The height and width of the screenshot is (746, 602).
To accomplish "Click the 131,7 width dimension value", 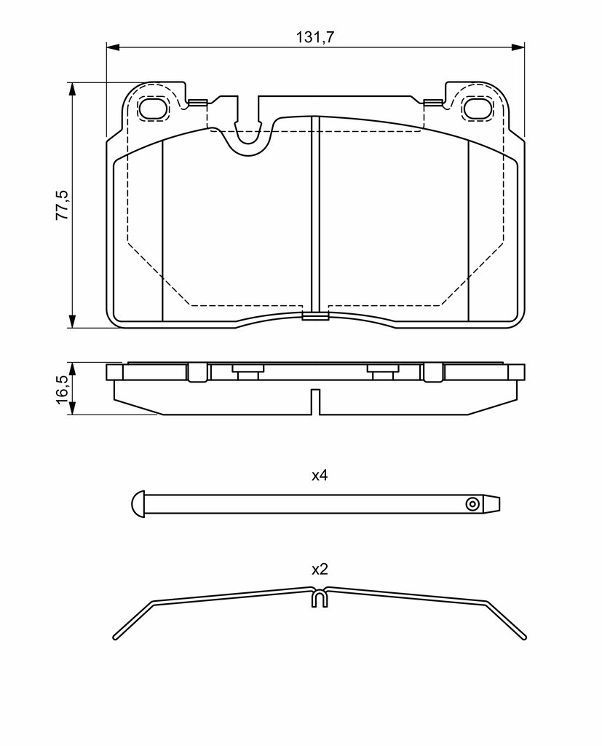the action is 315,36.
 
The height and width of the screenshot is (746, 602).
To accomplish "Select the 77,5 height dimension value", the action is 63,205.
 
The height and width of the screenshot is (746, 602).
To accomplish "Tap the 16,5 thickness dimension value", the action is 63,389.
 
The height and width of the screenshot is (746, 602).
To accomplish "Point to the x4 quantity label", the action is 320,475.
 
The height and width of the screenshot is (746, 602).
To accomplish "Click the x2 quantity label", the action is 320,569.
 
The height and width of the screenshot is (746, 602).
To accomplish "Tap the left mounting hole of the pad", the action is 153,109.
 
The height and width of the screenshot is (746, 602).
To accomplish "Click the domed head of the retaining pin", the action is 138,504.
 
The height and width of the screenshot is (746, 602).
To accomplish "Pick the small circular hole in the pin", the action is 472,504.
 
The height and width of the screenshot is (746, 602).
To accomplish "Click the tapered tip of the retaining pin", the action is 491,504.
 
